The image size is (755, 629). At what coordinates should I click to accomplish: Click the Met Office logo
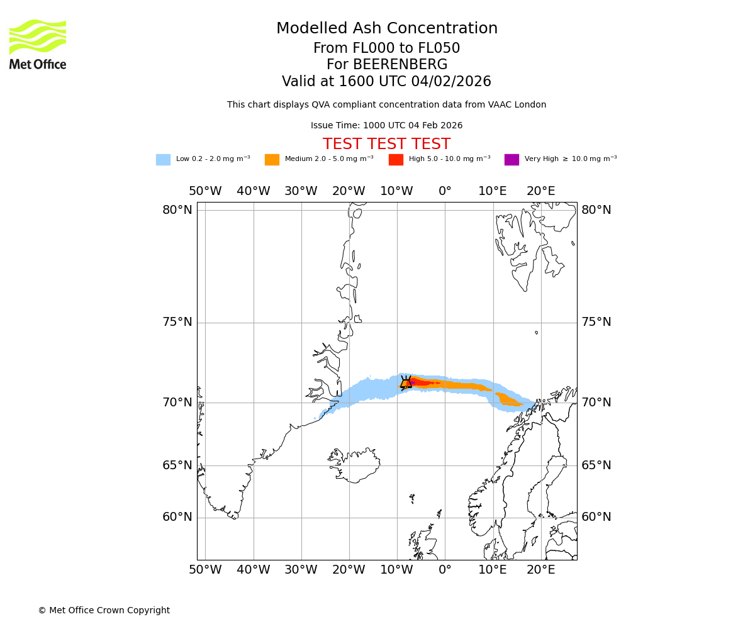tap(38, 44)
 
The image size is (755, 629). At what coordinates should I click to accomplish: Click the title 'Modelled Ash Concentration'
tap(386, 29)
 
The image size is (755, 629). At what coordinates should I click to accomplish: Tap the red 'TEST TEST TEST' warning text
tap(386, 145)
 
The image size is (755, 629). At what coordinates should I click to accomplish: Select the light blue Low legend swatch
tap(163, 160)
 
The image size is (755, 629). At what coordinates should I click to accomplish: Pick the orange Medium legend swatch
tap(272, 160)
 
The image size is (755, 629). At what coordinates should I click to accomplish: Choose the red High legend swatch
tap(396, 160)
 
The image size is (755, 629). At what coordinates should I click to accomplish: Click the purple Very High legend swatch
tap(512, 160)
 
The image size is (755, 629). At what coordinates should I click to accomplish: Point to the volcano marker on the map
tap(406, 383)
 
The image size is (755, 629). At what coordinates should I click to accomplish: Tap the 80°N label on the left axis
tap(177, 210)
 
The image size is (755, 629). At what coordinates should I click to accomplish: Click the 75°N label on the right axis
tap(596, 322)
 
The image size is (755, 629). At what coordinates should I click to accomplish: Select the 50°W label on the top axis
tap(205, 191)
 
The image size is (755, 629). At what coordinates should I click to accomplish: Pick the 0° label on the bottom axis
tap(445, 570)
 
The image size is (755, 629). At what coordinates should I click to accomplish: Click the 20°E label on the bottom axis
tap(541, 570)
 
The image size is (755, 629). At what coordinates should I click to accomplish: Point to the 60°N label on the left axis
tap(177, 517)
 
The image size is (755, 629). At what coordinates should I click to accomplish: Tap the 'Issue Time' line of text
tap(386, 126)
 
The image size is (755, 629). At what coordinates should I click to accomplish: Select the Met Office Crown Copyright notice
tap(104, 610)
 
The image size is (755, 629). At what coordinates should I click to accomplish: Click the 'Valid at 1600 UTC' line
tap(386, 82)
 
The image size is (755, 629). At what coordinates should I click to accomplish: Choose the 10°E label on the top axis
tap(493, 191)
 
